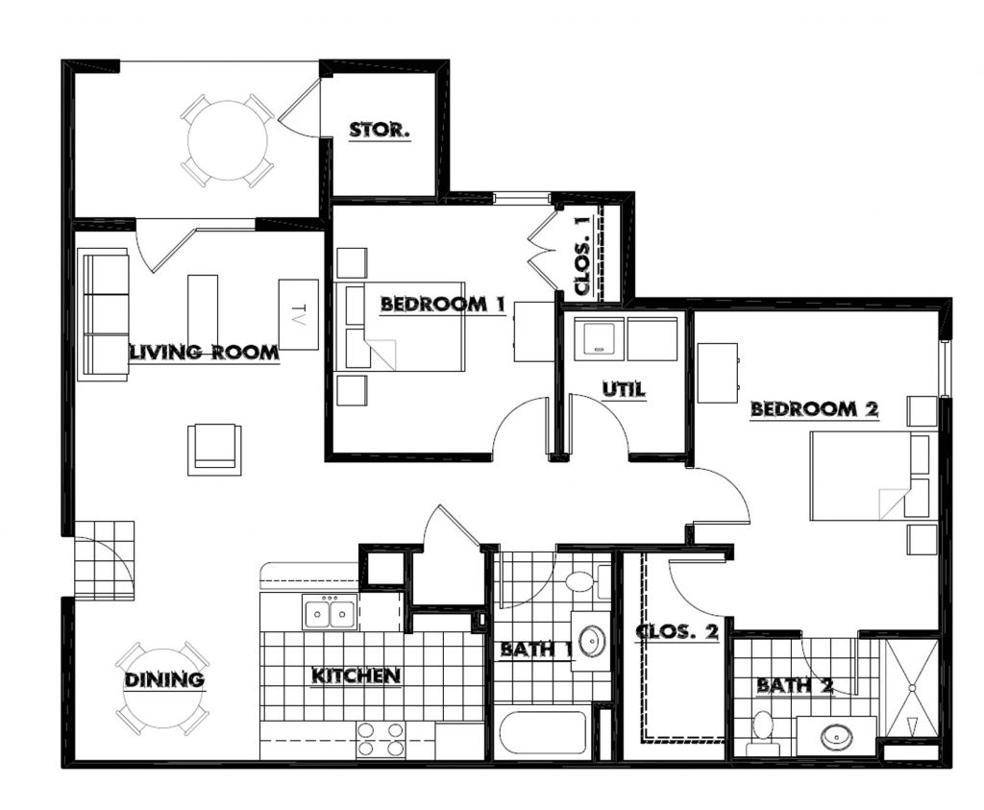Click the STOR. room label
(380, 130)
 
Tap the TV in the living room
(298, 314)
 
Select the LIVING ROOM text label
(205, 353)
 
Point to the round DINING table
(162, 688)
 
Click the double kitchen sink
(330, 612)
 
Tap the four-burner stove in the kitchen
(381, 740)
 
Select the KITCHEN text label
(356, 676)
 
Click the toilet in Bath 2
(764, 730)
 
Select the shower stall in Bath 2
(909, 688)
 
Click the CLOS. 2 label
(677, 632)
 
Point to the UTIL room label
(624, 390)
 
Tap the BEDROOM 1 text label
(443, 305)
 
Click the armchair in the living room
(213, 449)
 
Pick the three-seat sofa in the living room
(103, 315)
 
